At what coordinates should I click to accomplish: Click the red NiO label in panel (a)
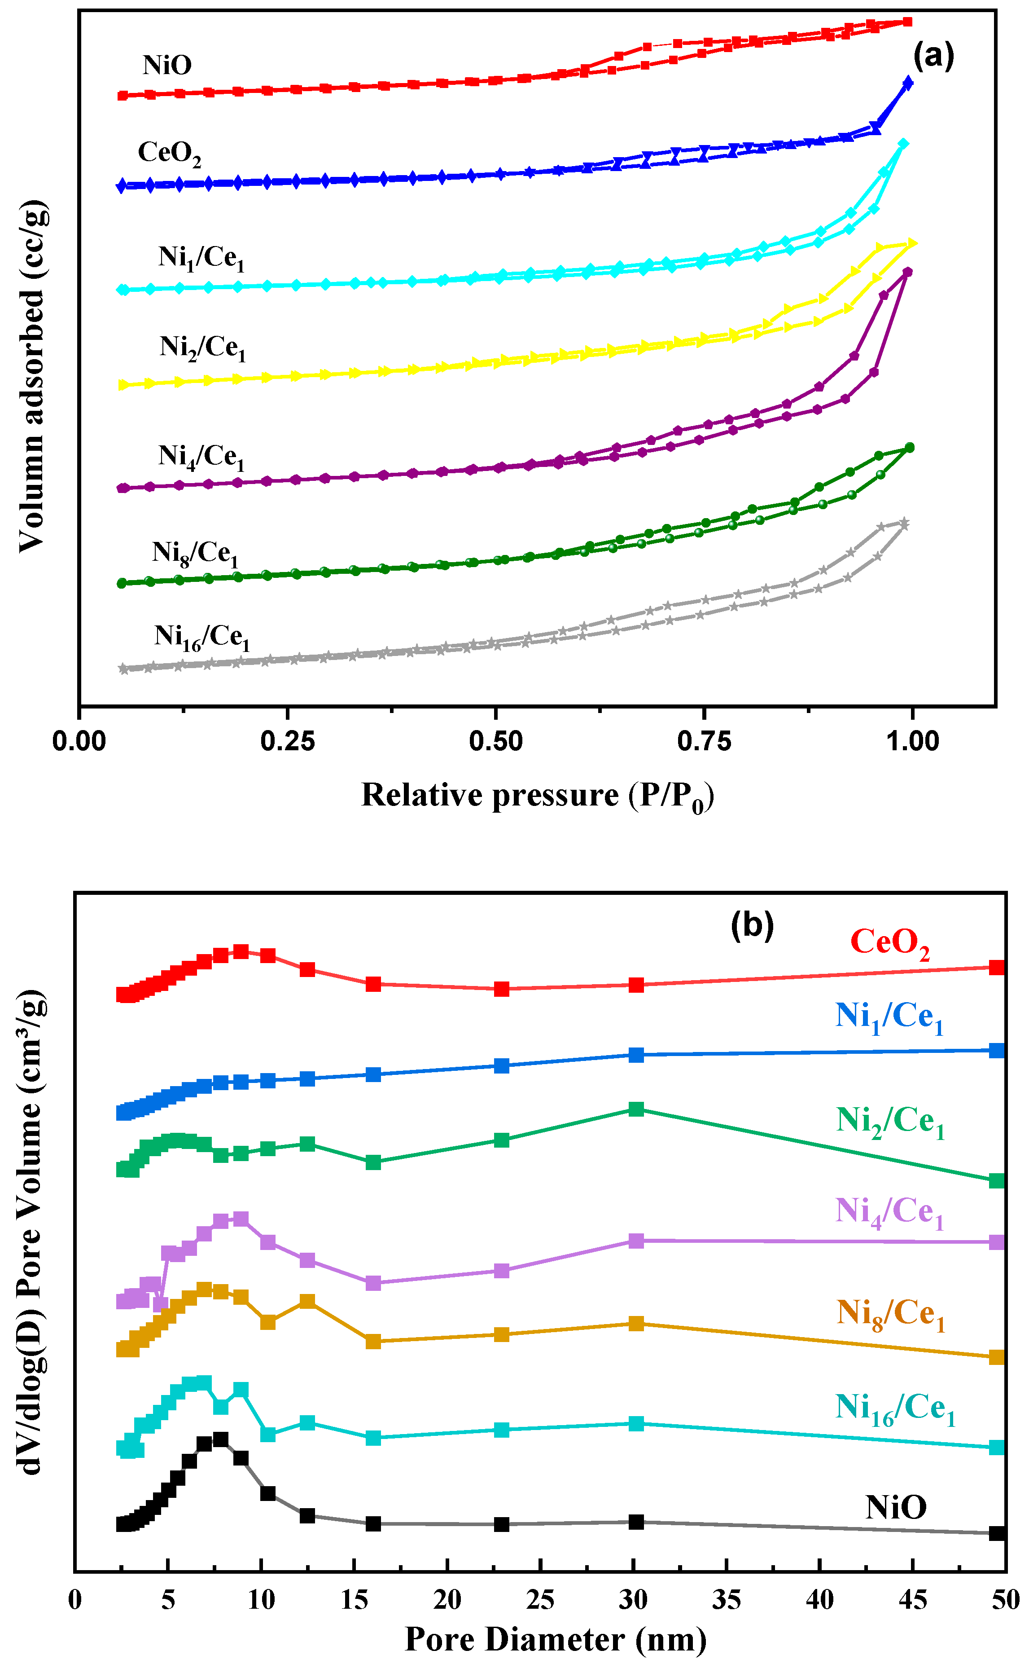(x=167, y=66)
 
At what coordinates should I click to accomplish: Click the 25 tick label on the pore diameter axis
(x=540, y=1600)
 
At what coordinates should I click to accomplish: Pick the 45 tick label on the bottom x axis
(x=912, y=1600)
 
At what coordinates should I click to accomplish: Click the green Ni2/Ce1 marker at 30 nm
(x=635, y=1109)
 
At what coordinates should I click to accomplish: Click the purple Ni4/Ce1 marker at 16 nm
(x=373, y=1283)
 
